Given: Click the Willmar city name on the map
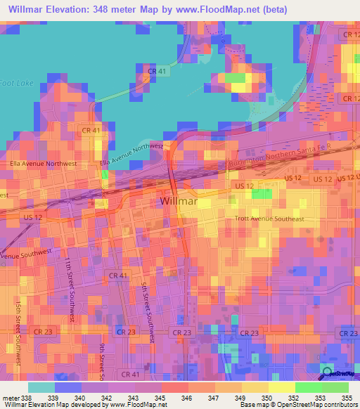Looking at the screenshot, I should tap(176, 202).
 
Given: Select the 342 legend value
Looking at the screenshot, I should tap(107, 398).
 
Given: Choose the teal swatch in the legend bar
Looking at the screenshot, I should tap(41, 387).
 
